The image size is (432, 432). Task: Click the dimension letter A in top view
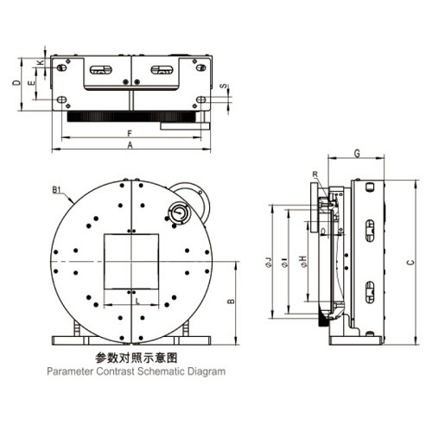click(130, 147)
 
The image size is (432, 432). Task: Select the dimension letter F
click(129, 133)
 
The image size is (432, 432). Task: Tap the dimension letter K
click(41, 63)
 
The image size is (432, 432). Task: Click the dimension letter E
click(31, 83)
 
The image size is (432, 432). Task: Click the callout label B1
click(56, 189)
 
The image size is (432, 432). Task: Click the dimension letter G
click(357, 153)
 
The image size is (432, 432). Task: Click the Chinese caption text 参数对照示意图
click(135, 356)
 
